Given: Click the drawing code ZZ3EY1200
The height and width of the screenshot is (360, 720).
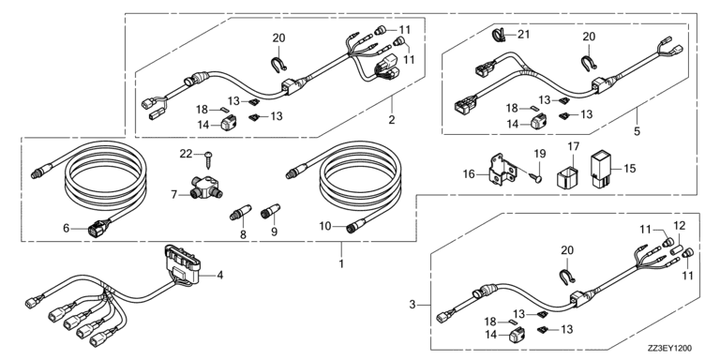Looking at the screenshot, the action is pos(670,349).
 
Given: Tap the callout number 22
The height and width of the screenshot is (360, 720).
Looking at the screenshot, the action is pos(186,154).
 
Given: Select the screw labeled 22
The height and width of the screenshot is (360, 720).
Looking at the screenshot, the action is pos(210,158).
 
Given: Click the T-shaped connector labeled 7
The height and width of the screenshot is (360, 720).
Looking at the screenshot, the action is pos(206,187).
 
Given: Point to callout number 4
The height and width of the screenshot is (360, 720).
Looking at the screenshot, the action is pos(220,276).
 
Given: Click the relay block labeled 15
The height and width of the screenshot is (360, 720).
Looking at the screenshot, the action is pos(602,168).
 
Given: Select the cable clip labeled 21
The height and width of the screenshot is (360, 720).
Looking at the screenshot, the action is pos(501,35).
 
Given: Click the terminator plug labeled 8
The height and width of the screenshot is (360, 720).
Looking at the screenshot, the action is pos(241,213).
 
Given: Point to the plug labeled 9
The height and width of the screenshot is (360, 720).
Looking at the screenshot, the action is pos(273,213).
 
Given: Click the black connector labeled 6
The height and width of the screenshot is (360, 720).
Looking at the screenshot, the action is pos(98,227).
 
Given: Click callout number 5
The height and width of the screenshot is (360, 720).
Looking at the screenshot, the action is pos(637,131).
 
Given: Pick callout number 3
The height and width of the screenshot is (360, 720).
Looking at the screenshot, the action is pos(412,304).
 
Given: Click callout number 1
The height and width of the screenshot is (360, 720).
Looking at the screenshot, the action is pos(341,263).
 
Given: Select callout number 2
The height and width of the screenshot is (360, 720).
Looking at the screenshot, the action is pos(391,120).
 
